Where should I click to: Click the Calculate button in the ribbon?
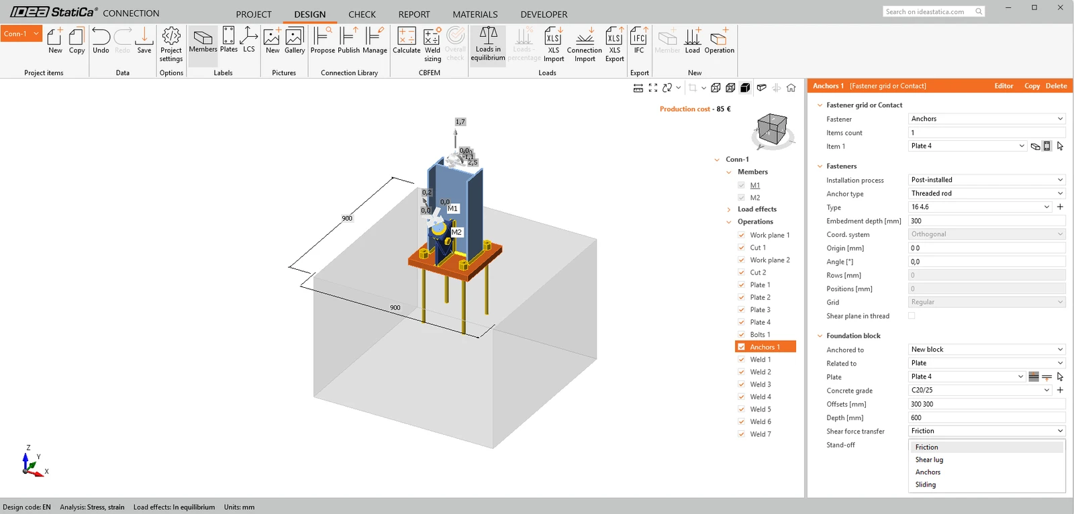coord(406,41)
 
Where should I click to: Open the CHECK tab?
coord(362,14)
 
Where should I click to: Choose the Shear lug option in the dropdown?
coord(929,460)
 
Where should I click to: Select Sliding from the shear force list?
coord(926,484)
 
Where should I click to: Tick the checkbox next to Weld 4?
coord(741,397)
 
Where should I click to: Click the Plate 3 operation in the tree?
coord(760,310)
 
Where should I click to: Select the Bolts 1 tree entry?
coord(760,335)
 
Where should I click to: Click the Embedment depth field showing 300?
coord(986,221)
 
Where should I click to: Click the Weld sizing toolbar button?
coord(432,44)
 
